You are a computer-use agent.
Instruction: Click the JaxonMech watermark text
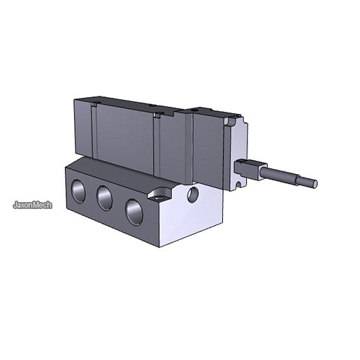tap(32, 205)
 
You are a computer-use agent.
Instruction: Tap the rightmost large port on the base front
tap(134, 212)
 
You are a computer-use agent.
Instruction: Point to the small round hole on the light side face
tap(193, 194)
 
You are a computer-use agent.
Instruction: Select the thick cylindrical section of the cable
tap(278, 173)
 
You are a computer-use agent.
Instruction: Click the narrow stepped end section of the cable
tap(306, 182)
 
